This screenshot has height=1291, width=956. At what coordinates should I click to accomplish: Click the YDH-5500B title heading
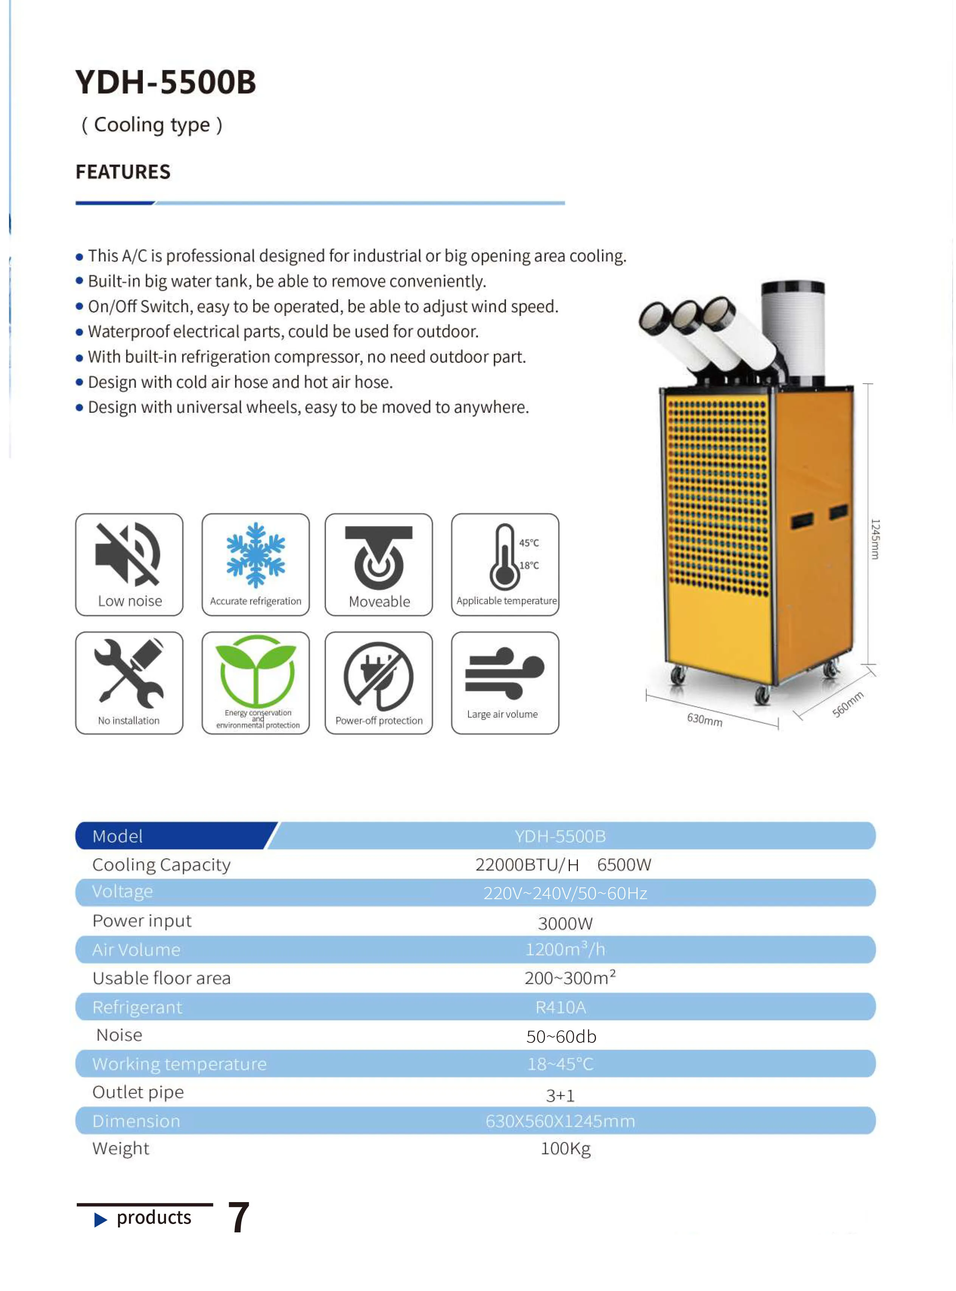pos(166,82)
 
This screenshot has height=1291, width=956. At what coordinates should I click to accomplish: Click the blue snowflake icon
pos(255,555)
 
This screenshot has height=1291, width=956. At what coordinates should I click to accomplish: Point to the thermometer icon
pos(504,557)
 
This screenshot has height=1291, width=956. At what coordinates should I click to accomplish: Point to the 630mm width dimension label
pos(704,719)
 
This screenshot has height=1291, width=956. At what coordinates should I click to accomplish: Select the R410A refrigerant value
pos(560,1007)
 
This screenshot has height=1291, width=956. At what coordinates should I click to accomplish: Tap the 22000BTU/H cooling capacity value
pos(527,865)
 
